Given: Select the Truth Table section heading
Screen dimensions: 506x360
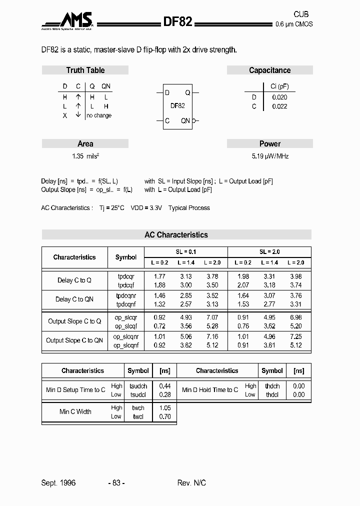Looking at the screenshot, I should [85, 70].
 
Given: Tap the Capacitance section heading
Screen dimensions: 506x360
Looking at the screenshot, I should [269, 70].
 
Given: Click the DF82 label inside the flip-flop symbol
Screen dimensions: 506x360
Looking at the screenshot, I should [177, 105].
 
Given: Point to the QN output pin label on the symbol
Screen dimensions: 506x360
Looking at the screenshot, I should [185, 120].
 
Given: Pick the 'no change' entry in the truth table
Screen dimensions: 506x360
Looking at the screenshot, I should [99, 115].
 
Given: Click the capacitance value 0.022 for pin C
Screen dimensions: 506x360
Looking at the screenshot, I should [279, 106].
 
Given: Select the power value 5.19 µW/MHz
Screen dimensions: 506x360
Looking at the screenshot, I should [270, 156].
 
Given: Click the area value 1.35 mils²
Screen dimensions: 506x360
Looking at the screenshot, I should [85, 156].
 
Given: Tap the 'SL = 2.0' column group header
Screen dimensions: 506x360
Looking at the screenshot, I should [269, 252].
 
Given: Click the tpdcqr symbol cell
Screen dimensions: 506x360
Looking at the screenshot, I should [126, 276].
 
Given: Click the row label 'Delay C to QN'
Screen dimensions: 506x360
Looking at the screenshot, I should [74, 299].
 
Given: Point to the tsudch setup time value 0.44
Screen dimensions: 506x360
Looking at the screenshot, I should [164, 386].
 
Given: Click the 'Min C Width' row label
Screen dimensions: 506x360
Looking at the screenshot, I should [75, 411].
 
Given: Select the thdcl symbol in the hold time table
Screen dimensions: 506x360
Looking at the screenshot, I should [272, 394].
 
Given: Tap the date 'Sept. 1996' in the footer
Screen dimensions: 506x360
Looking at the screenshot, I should [58, 482].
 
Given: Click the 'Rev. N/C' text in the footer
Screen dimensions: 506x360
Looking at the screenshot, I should [191, 482].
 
